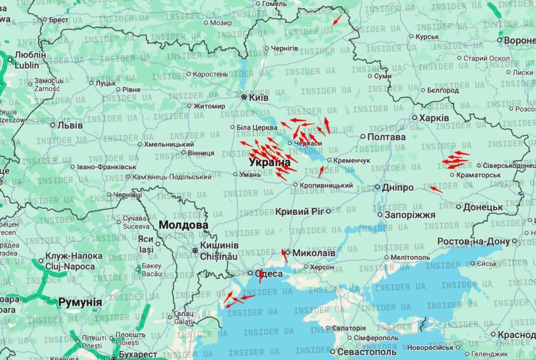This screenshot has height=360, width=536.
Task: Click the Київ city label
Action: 258,97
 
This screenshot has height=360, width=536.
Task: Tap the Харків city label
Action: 434,118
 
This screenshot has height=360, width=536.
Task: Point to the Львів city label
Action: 70,125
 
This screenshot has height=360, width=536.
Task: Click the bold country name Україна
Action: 270,162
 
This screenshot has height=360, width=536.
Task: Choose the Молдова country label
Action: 184,225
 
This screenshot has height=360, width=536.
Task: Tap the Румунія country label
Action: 80,302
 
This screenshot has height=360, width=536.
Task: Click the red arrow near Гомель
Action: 337,20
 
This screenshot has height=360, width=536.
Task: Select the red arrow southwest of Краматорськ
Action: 436,190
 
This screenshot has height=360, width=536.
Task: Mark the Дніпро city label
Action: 398,188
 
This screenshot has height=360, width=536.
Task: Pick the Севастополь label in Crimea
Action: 367,352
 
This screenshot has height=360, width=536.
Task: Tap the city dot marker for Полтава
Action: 362,137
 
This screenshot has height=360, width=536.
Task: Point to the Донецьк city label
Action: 483,207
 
